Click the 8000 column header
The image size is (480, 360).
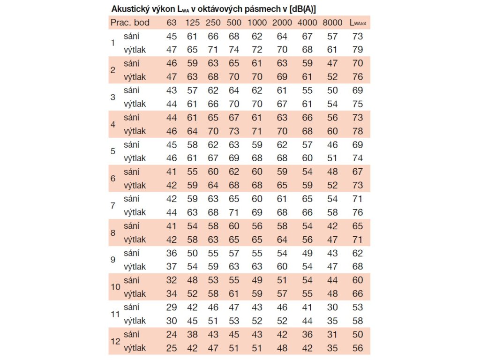[x=332, y=22]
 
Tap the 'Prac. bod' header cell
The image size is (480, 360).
[x=129, y=22]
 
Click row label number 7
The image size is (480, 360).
[x=112, y=205]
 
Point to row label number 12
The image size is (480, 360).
[x=115, y=341]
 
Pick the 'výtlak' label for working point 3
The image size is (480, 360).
[x=135, y=104]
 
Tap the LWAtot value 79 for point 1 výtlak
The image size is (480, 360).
[x=358, y=49]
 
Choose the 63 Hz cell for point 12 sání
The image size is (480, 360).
[x=172, y=335]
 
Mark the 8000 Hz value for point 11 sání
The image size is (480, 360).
[x=332, y=307]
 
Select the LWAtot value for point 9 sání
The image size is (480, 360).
[x=358, y=253]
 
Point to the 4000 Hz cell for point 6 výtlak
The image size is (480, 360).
[x=307, y=185]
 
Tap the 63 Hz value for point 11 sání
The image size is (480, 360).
[x=172, y=307]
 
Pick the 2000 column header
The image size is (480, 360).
[x=282, y=22]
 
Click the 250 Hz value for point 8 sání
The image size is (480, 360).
[x=213, y=226]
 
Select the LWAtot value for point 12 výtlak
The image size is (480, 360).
[x=358, y=348]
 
